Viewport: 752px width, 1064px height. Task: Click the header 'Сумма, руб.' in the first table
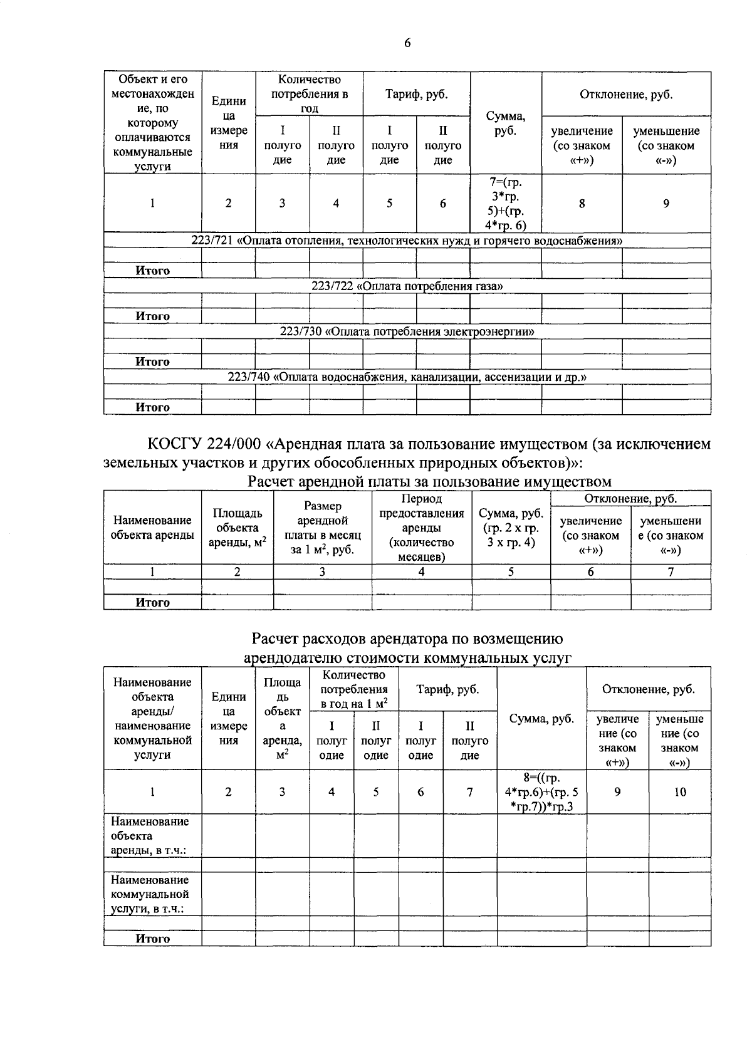pos(505,123)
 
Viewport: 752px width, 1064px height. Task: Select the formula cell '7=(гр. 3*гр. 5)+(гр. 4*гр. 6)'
pos(505,204)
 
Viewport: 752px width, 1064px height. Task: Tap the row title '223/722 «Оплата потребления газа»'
pos(407,286)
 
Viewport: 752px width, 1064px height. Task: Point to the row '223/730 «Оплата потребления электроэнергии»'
pos(407,332)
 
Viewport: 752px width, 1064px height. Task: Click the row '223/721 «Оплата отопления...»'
pos(407,241)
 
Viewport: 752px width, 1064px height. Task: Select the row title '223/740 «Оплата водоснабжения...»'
pos(407,377)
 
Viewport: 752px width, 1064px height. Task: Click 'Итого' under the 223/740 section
pos(153,407)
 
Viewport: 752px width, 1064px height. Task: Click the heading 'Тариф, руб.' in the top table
pos(416,95)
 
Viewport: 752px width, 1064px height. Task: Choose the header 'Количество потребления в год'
pos(309,94)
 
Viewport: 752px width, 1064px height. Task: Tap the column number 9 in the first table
pos(666,203)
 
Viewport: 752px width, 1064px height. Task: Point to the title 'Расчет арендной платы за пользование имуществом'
pos(429,481)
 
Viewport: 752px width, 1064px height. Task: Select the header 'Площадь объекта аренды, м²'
pos(237,528)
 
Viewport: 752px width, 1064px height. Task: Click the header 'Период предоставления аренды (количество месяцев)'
pos(421,528)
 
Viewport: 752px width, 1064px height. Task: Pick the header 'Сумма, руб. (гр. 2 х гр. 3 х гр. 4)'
pos(511,528)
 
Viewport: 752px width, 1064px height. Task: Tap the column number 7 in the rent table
pos(671,571)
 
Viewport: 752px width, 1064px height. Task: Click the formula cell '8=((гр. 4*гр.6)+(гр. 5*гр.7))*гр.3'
pos(541,792)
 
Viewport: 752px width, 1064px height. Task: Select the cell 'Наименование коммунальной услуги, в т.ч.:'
pos(150,894)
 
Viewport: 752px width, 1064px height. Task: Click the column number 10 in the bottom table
pos(680,792)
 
